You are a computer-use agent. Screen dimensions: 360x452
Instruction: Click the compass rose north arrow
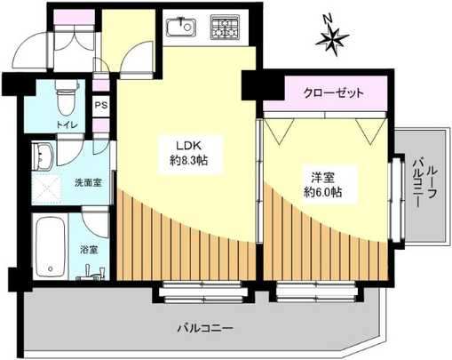(x=331, y=37)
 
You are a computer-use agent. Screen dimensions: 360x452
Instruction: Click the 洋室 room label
(x=322, y=175)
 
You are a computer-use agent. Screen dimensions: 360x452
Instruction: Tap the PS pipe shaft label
(x=100, y=105)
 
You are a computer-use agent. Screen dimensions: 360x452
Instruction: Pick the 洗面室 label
(x=85, y=183)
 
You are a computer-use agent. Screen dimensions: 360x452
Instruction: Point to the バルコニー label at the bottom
(x=203, y=328)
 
